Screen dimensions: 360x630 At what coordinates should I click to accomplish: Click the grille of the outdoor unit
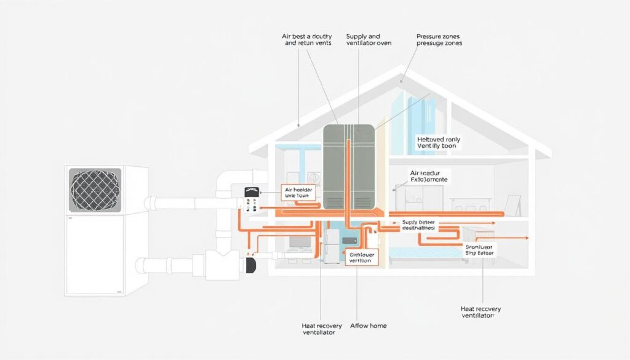click(95, 190)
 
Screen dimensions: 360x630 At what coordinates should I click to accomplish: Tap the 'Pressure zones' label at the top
click(439, 40)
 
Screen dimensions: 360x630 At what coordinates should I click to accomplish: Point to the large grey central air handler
click(348, 166)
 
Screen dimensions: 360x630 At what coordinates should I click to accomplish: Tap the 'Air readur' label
click(429, 177)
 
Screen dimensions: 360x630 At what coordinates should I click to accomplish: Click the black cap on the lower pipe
click(250, 266)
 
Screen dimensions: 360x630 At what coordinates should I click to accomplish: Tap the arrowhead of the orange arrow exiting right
click(527, 236)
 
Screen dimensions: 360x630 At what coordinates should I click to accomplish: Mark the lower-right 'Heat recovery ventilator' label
click(481, 311)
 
